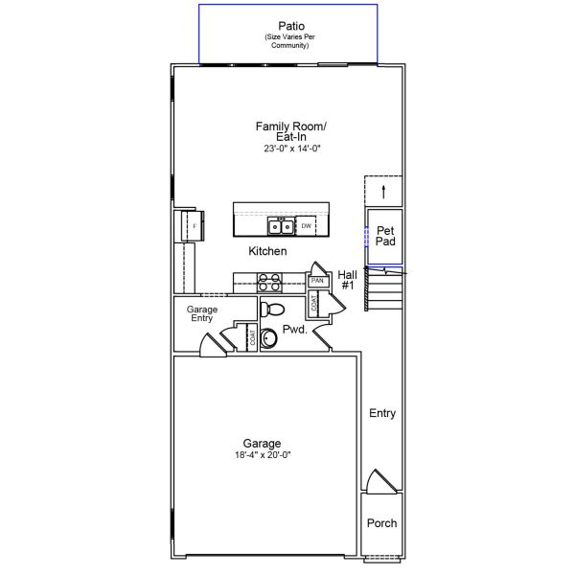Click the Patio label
click(291, 26)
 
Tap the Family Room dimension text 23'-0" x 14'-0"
click(292, 149)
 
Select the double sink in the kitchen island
click(281, 226)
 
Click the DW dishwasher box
click(306, 226)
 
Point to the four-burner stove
click(269, 283)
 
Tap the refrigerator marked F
click(194, 226)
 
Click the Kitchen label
click(267, 251)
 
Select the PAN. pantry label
click(317, 281)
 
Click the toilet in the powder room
click(272, 310)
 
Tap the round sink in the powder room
click(268, 337)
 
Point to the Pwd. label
click(294, 330)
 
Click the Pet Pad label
click(385, 236)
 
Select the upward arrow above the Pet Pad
click(383, 193)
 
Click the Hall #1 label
click(347, 280)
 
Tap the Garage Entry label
click(202, 313)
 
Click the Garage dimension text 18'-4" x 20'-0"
click(263, 455)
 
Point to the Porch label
click(381, 523)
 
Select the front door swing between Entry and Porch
click(381, 480)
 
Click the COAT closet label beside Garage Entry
click(252, 337)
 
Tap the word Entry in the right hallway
click(382, 413)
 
